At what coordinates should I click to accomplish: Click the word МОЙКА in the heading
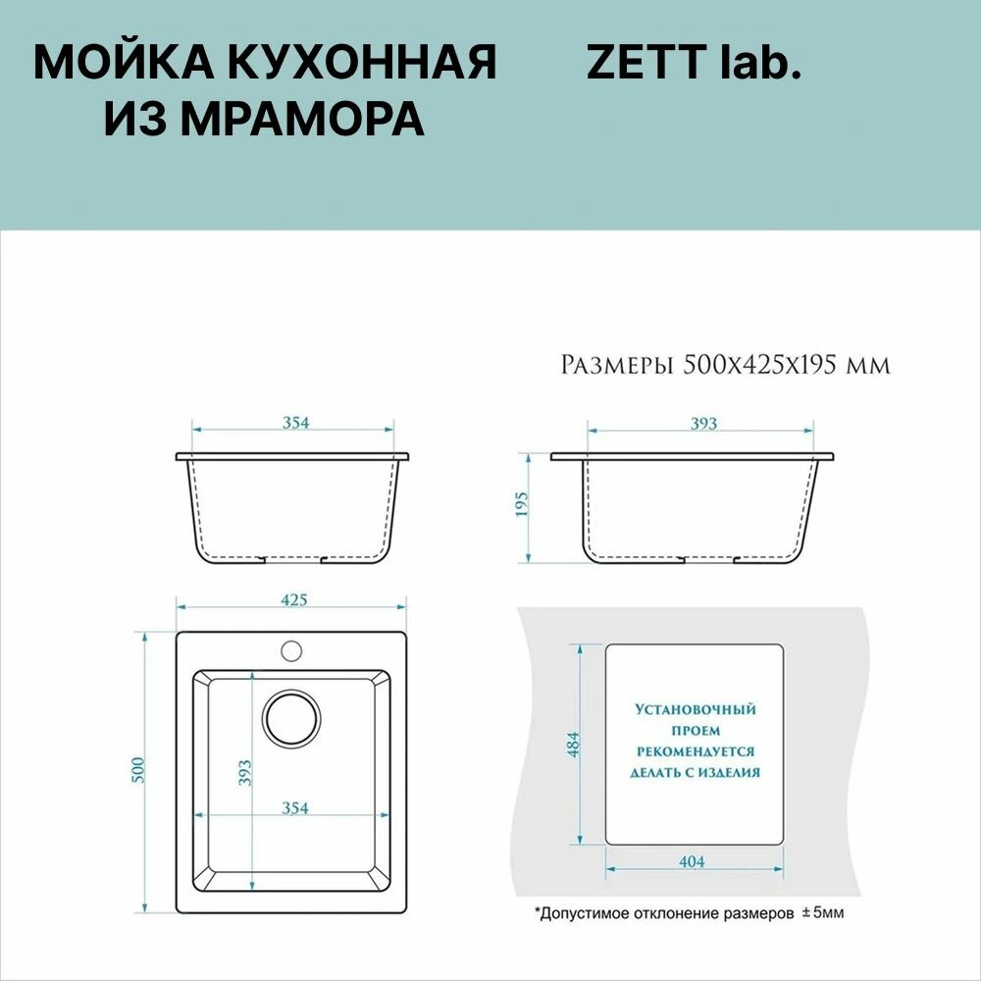pos(120,62)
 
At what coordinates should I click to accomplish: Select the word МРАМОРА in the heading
pos(302,119)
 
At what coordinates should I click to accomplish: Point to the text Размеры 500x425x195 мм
pos(725,364)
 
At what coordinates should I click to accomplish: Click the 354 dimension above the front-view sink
pos(295,422)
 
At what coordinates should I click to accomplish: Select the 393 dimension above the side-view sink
pos(703,423)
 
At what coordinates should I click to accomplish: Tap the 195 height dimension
pos(522,504)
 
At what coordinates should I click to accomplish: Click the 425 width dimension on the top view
pos(294,599)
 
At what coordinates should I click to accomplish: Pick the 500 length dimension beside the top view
pos(137,770)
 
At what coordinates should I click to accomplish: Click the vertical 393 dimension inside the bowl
pos(244,773)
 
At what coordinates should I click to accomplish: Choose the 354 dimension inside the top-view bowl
pos(294,807)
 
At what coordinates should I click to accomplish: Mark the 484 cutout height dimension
pos(573,745)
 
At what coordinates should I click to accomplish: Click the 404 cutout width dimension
pos(692,861)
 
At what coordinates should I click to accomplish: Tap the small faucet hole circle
pos(291,650)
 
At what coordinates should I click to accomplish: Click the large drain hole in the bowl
pos(291,718)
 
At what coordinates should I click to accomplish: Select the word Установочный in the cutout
pos(696,709)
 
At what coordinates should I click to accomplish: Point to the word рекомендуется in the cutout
pos(696,750)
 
